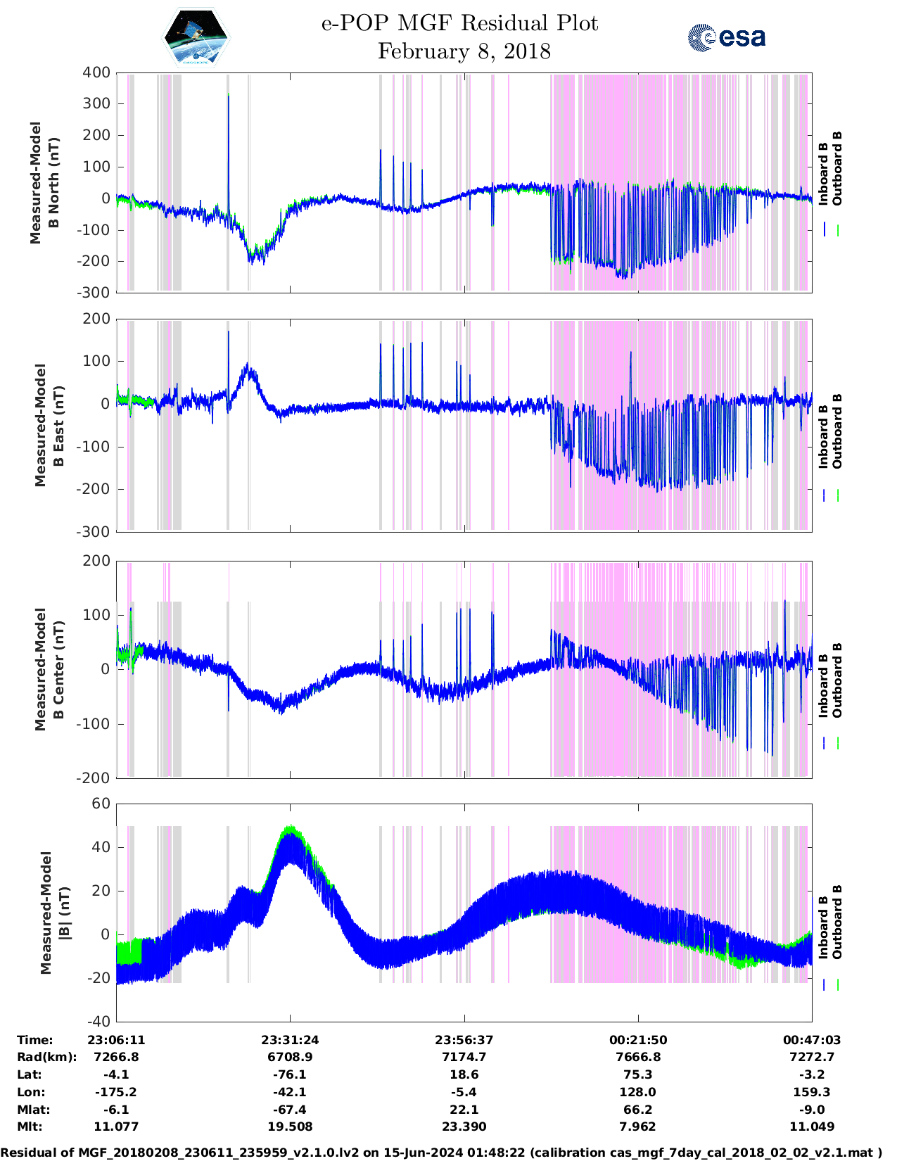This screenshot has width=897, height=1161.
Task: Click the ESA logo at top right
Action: coord(726,37)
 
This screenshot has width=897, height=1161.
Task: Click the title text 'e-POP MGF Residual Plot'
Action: coord(459,23)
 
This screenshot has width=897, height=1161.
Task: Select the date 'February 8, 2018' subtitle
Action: coord(464,51)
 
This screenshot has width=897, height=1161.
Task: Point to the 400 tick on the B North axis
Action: coord(96,72)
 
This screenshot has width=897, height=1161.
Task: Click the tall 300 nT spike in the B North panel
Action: coord(228,99)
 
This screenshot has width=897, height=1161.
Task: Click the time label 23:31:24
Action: coord(290,1040)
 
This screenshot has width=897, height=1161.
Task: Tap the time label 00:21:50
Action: coord(637,1040)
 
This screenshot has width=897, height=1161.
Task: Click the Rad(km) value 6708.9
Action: coord(290,1057)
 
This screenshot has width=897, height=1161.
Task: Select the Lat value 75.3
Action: coord(637,1074)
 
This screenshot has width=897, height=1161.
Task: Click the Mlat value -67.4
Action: coord(290,1110)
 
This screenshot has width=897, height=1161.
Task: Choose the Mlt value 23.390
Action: coord(464,1127)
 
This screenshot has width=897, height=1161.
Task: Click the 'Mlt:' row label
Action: coord(30,1127)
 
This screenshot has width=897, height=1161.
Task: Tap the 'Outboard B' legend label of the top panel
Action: coord(837,169)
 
